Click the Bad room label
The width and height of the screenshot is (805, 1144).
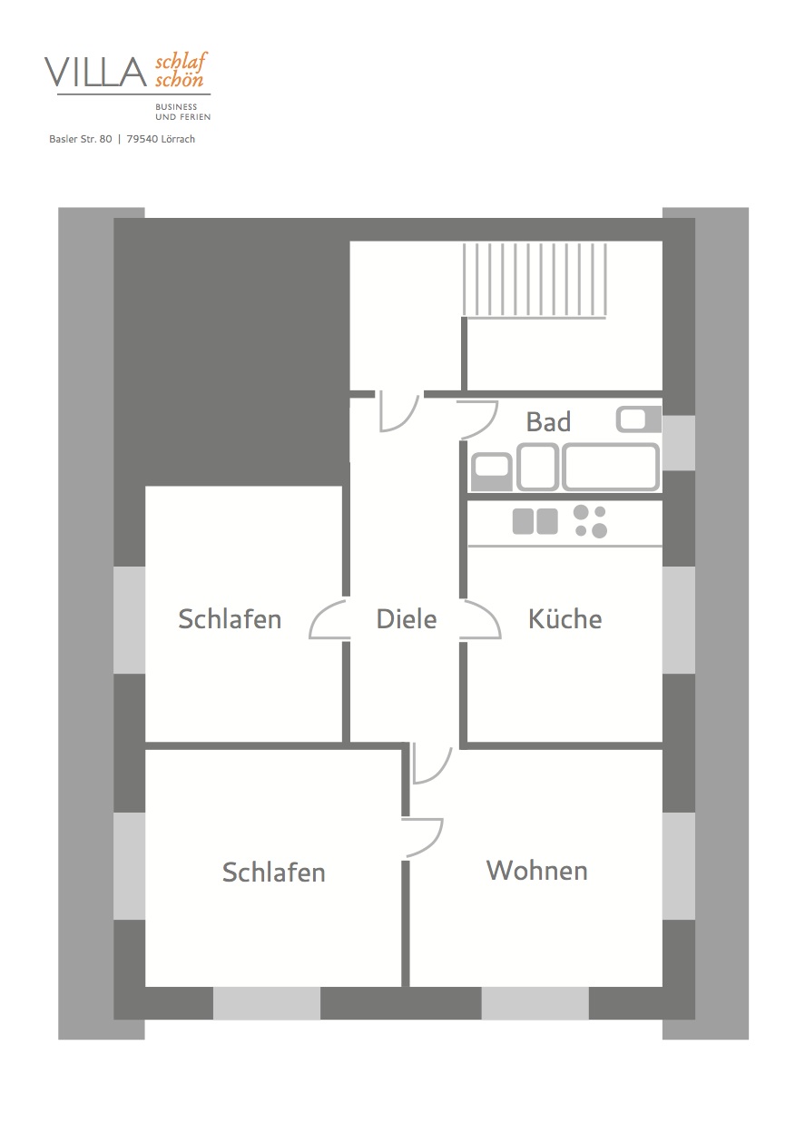pos(548,422)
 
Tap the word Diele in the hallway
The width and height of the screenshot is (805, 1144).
pos(407,619)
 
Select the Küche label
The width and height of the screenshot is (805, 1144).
pos(564,618)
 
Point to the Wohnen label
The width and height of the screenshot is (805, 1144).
pos(537,871)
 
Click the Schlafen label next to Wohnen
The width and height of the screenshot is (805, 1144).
pos(273,873)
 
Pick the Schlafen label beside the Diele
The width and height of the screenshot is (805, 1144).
pos(230,619)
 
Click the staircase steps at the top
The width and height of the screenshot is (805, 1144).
pos(535,280)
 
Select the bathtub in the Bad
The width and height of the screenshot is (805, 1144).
pos(611,467)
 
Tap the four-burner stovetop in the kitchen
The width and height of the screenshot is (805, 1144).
pos(590,521)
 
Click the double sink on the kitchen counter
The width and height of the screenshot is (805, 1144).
pos(535,521)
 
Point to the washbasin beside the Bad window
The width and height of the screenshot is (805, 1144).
pos(639,419)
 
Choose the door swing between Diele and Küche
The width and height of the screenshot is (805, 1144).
pos(480,619)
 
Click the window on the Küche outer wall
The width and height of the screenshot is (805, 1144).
pos(679,620)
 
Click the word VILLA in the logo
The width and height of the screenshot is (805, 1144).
pos(96,72)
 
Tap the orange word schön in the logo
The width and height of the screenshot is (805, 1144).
pos(179,80)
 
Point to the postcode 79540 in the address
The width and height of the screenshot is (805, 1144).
pos(142,139)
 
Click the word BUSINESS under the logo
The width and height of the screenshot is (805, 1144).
pos(176,107)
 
